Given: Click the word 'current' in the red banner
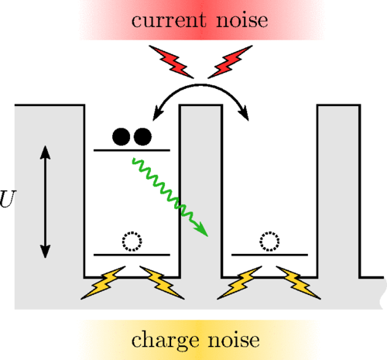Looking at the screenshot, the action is coord(169,20).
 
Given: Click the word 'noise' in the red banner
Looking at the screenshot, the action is coord(242,20).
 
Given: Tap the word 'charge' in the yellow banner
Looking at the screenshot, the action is coord(165,341).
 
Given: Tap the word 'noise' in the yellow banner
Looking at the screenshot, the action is coord(235,340).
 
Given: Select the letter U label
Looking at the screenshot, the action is coord(7,199).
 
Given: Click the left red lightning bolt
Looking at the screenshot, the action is coord(171,62).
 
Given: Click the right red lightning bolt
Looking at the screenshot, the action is coord(230,62).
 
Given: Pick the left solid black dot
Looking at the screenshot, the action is coord(122,136).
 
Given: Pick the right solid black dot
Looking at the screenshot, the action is coord(142,136).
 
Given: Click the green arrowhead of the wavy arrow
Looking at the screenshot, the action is coord(203,230).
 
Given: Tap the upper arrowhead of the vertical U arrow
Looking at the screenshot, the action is coord(45,153).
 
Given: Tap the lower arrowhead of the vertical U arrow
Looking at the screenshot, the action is coord(45,252).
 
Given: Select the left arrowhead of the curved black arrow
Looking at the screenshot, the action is coord(158,114).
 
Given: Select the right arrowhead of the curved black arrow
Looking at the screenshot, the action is coord(244,114).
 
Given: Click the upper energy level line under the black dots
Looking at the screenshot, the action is coord(132,150).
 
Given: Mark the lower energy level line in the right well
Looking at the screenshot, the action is coord(269,255).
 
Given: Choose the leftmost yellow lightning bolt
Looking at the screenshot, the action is coord(103,283).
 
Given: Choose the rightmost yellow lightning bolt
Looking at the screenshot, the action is coord(299,283).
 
